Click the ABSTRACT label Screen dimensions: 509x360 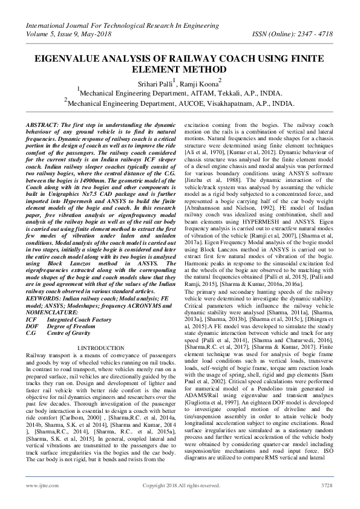[43, 124]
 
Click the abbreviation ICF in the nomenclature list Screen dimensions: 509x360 [32, 300]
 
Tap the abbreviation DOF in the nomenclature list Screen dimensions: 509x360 [33, 308]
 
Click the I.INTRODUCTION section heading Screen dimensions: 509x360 [101, 348]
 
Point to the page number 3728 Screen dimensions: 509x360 [327, 485]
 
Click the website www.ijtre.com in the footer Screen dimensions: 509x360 [38, 485]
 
